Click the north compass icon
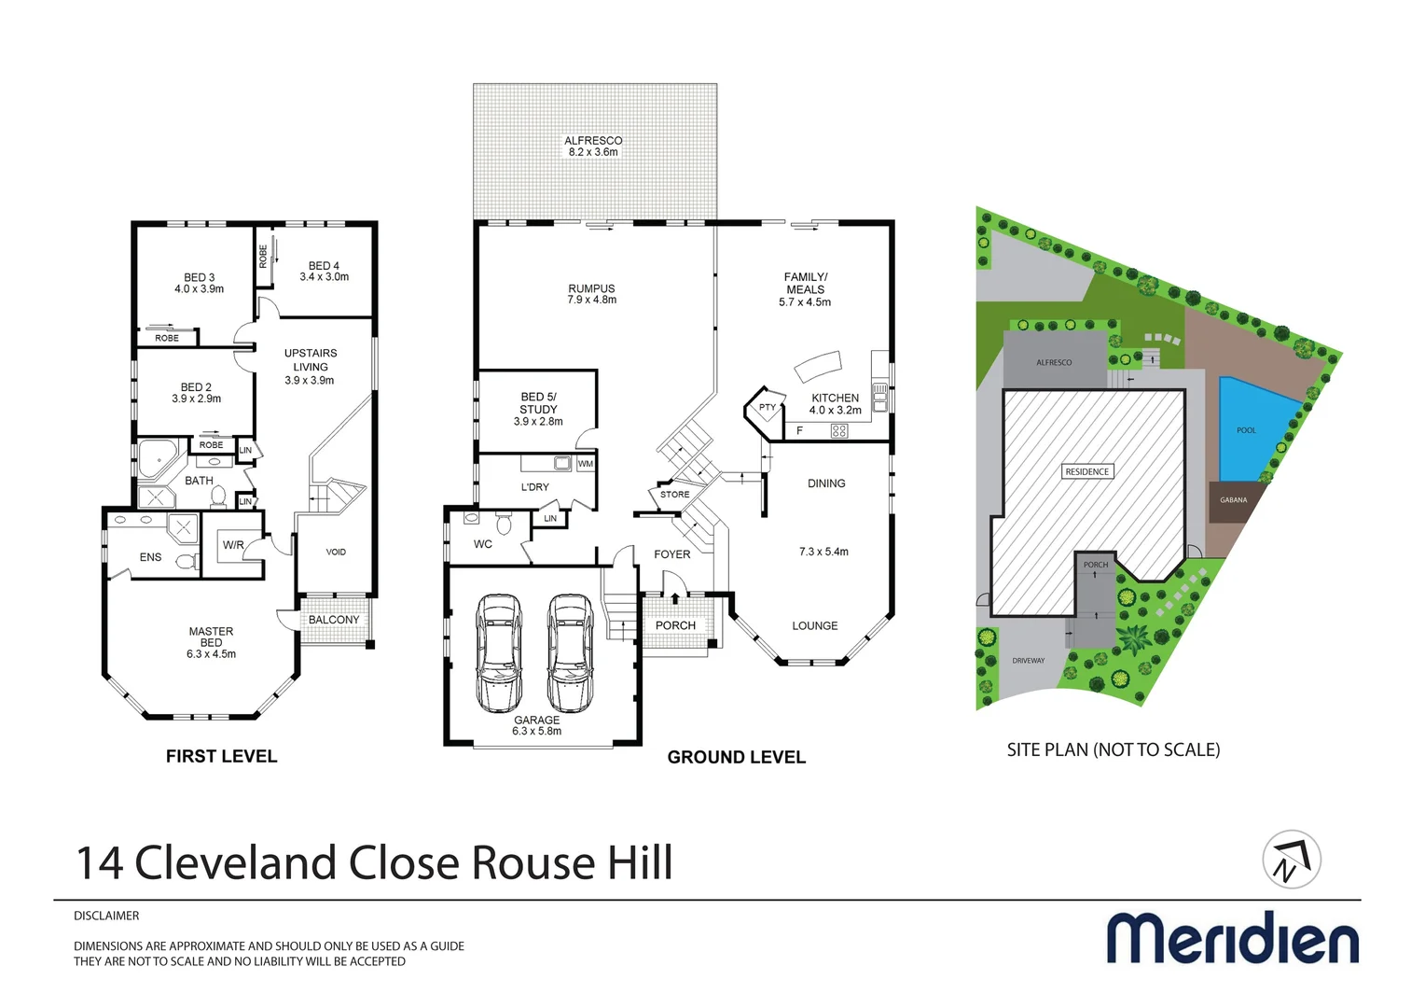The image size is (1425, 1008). point(1291,860)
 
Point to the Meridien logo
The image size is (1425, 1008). point(1232,938)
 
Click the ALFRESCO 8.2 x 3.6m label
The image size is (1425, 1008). point(593,147)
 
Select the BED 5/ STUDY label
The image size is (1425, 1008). point(538,409)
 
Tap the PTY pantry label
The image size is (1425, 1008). point(767,408)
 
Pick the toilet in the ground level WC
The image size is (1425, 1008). point(504,524)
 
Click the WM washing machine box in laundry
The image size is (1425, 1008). point(586,464)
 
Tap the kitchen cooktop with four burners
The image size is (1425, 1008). point(838,430)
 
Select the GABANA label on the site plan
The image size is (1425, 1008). point(1233,500)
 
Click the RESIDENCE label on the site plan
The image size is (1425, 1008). point(1086,471)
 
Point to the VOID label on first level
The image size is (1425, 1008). point(336,553)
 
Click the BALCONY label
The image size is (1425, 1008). point(334,620)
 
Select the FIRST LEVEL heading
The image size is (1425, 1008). point(221,756)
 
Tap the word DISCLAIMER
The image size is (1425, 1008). point(106,916)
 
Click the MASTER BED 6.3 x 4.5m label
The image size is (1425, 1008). point(212,642)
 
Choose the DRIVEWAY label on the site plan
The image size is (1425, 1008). point(1028,661)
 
